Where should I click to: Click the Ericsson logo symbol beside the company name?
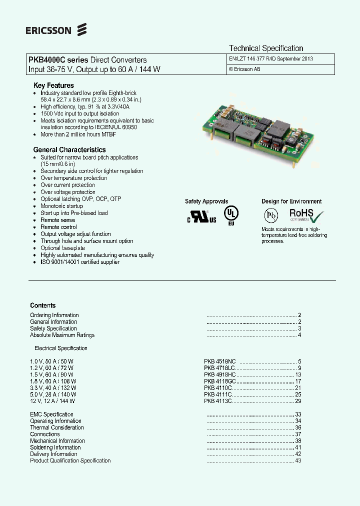coord(82,30)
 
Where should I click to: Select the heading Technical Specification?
coord(266,48)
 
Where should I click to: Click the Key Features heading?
coord(53,85)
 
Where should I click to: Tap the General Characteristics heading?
coord(69,149)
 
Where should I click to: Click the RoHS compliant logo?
coord(306,216)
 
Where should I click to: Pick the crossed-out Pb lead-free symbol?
coord(270,215)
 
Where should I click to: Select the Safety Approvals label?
coord(206,201)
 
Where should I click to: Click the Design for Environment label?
coord(291,201)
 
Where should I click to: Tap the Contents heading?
coord(43,305)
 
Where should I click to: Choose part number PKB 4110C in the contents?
coord(218,388)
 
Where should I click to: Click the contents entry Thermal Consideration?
coord(57,427)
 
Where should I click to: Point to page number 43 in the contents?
coord(298,460)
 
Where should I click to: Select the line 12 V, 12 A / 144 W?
coord(52,401)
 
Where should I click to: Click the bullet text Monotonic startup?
coord(61,206)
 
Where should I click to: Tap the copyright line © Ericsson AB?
coord(244,69)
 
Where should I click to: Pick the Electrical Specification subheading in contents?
coord(61,348)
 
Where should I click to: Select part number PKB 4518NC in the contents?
coord(219,361)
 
